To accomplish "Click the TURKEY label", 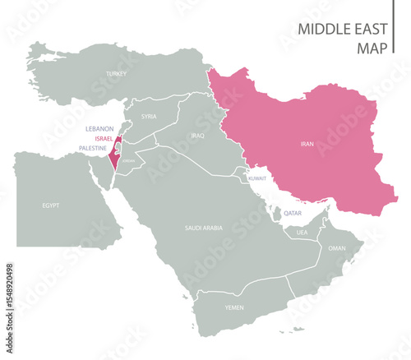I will [116, 74].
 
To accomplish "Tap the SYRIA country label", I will [148, 116].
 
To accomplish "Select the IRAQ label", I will [196, 134].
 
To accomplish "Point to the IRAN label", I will [307, 144].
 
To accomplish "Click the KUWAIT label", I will [258, 178].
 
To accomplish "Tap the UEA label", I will [302, 233].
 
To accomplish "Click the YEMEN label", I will [234, 307].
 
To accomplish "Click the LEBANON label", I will [99, 129].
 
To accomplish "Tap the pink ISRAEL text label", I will [104, 139].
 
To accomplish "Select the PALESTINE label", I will [92, 148].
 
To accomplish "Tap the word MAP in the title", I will [372, 48].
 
